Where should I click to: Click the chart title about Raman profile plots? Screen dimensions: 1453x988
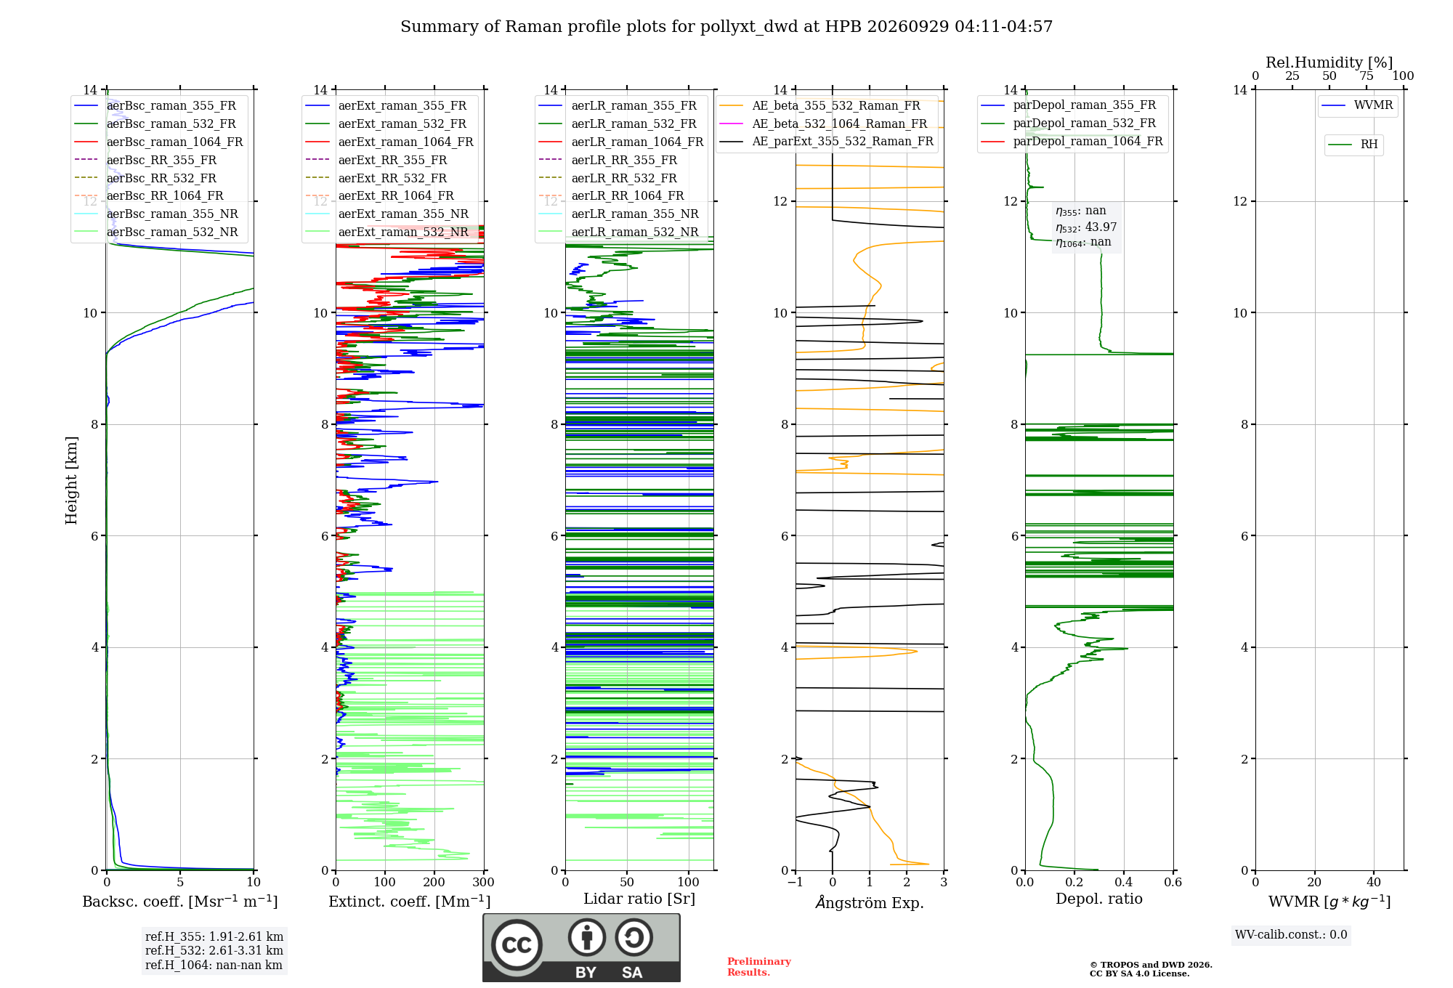click(726, 27)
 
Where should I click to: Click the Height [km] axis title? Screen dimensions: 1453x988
click(71, 480)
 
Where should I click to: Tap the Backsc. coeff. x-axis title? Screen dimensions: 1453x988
click(180, 902)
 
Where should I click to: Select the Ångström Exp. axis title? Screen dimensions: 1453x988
click(870, 902)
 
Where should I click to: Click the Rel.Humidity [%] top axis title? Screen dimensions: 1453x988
click(1329, 62)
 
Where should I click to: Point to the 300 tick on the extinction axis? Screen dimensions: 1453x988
click(484, 883)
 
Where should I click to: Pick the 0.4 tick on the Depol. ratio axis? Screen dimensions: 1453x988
click(1124, 883)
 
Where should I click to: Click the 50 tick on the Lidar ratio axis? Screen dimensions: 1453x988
click(627, 883)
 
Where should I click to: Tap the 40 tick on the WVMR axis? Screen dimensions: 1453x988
click(1374, 883)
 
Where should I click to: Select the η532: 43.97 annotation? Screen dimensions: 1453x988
click(1086, 227)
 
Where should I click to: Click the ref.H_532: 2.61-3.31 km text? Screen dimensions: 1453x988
click(214, 950)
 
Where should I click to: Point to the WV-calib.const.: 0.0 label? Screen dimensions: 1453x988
click(1291, 935)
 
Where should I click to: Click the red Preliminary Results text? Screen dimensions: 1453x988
click(759, 967)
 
